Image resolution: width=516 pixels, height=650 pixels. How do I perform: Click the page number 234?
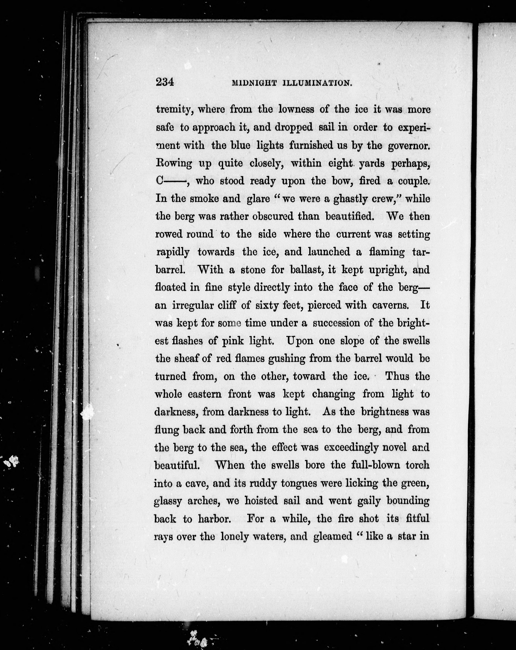[165, 82]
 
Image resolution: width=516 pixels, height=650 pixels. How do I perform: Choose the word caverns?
[391, 305]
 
